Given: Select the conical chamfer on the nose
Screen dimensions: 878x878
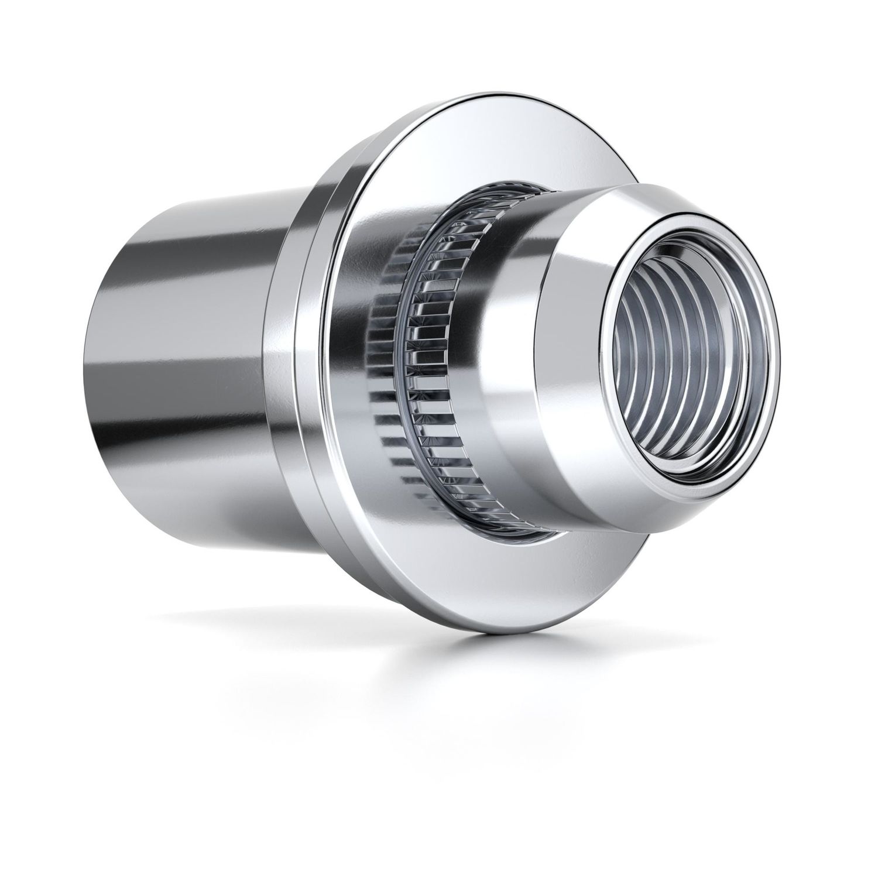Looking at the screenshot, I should click(562, 328).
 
